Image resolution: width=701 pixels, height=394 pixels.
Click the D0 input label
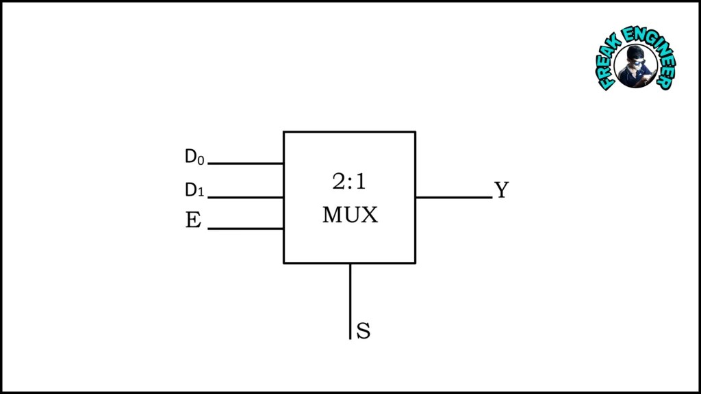[194, 157]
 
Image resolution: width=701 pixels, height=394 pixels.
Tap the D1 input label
[194, 190]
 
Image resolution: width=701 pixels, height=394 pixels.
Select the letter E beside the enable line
[193, 221]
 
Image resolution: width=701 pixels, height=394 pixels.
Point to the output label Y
[501, 190]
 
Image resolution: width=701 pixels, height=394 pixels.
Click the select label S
[364, 331]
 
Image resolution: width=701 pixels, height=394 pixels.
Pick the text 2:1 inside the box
[349, 182]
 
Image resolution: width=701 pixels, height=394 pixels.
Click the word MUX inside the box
[350, 215]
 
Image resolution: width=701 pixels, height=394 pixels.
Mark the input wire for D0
[245, 163]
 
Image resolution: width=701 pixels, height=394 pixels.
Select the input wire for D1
[245, 197]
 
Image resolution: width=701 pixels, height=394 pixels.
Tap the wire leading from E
[245, 228]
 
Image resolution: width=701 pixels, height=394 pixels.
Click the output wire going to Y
[453, 197]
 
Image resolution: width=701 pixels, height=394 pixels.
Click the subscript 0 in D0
[201, 160]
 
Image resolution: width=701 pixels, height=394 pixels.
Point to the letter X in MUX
[370, 215]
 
